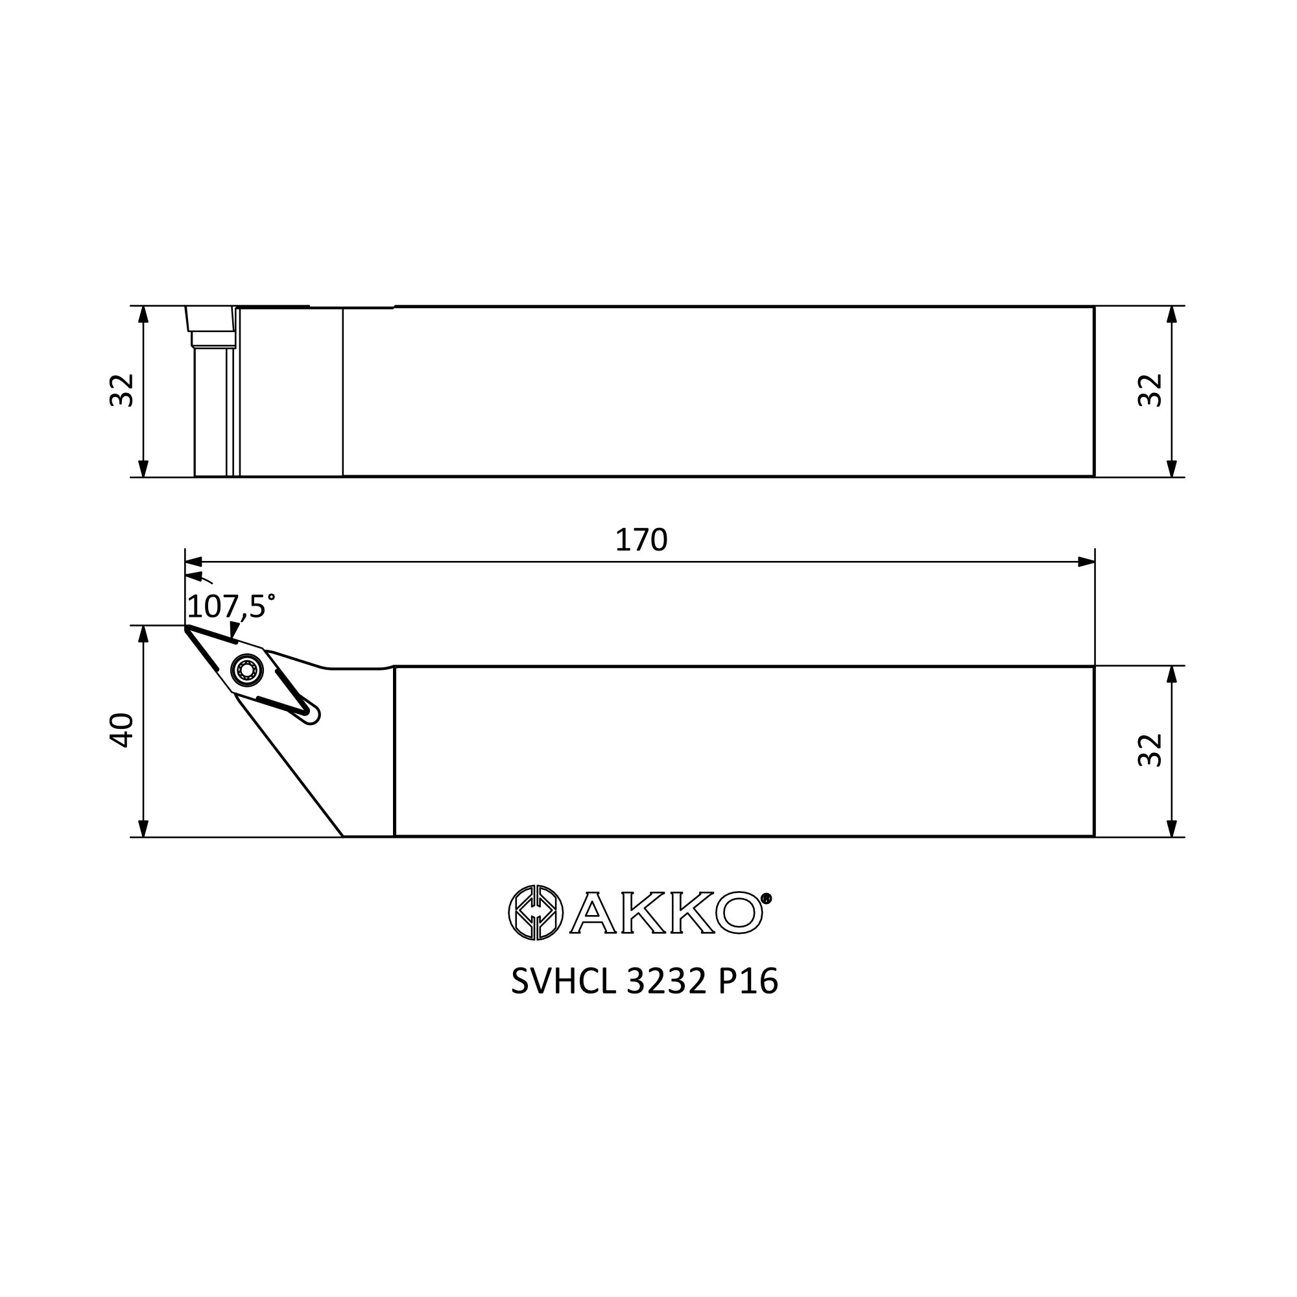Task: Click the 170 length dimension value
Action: click(641, 540)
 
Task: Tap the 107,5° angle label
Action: click(231, 606)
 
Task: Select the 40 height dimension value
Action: click(122, 730)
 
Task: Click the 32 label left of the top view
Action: click(122, 390)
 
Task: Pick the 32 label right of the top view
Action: click(1150, 390)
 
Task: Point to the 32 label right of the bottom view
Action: click(1150, 750)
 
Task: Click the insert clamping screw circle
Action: click(247, 669)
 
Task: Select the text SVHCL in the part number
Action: click(564, 982)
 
